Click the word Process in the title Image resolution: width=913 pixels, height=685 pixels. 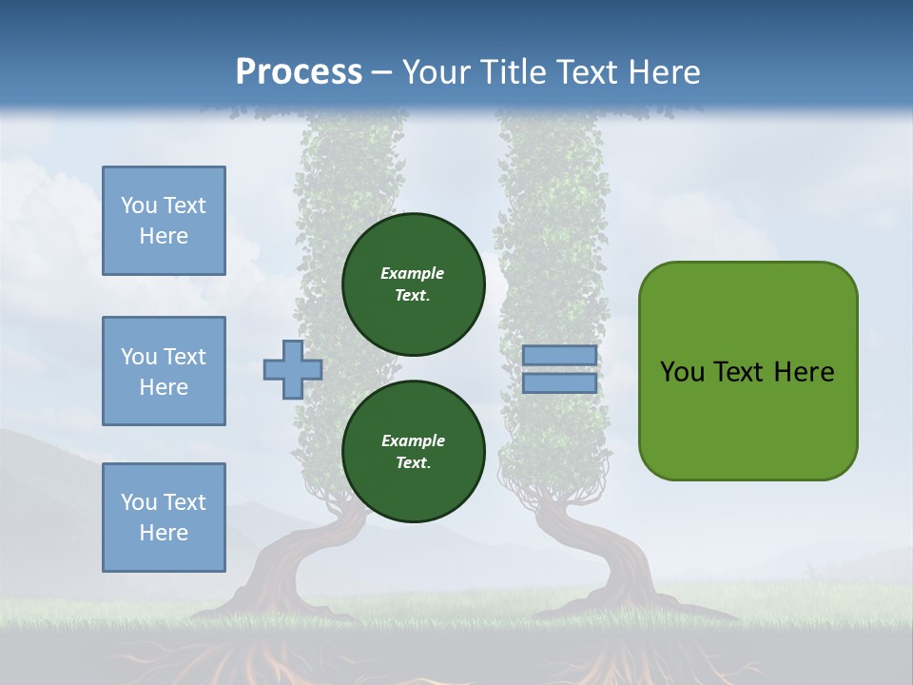coord(299,72)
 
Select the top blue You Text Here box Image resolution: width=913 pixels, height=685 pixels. coord(164,221)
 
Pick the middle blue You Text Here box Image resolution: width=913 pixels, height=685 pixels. coord(164,371)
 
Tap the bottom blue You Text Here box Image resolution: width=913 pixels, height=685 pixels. coord(164,517)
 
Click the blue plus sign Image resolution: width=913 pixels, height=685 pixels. coord(293,369)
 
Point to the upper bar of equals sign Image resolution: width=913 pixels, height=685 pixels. coord(559,355)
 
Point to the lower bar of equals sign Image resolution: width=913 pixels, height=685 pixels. coord(559,383)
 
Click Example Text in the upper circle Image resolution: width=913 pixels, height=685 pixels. coord(413,284)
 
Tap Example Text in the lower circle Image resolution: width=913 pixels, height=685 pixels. coord(413,452)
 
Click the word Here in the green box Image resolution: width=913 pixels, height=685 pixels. coord(804,372)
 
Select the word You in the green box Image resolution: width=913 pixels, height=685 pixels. coord(682,372)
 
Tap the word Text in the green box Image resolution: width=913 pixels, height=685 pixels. coord(740,372)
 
